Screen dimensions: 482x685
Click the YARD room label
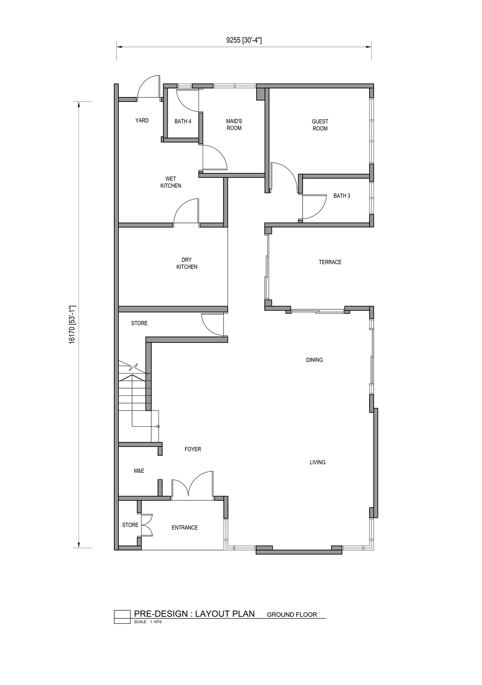[142, 121]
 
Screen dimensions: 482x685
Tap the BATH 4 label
[183, 122]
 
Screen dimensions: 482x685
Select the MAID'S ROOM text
[234, 125]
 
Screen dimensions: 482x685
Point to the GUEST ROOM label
[320, 125]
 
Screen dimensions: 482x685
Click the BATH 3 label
[341, 196]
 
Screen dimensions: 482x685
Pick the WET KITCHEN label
[171, 182]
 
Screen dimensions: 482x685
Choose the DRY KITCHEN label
[187, 263]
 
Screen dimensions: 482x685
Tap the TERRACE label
[330, 262]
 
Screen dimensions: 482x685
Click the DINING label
[314, 360]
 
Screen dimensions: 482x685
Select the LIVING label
[317, 462]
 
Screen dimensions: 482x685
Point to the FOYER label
[193, 449]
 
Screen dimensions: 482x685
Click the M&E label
[139, 471]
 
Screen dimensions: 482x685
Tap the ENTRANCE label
[184, 528]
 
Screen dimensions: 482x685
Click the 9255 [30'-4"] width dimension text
[244, 40]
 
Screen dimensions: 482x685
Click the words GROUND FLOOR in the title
[292, 615]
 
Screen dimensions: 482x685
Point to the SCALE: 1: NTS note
[148, 622]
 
